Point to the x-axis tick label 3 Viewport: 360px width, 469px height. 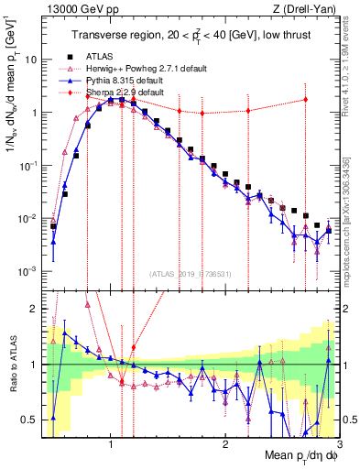tap(338, 442)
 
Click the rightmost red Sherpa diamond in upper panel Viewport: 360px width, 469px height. tap(306, 99)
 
